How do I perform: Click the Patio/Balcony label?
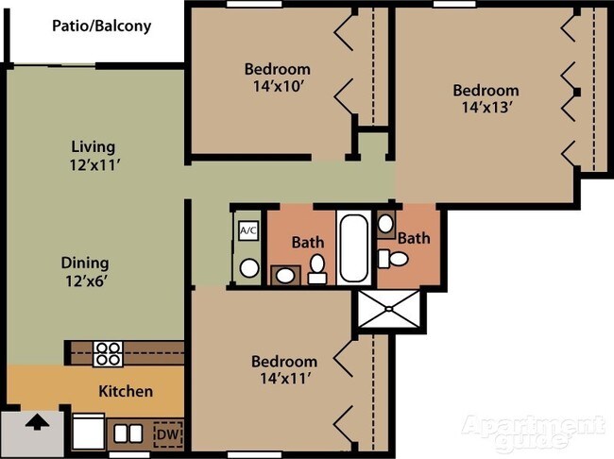coord(101,25)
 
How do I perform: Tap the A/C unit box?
coord(248,230)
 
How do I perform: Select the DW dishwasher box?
coord(168,434)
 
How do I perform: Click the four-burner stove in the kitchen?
coord(108,354)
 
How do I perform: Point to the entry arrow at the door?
coord(37,422)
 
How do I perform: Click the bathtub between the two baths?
coord(353,246)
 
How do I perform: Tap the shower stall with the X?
coord(389,309)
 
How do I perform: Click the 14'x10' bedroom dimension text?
coord(279,86)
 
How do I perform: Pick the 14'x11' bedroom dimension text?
coord(285,378)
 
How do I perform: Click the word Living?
coord(94,147)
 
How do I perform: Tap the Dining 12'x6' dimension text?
coord(86,280)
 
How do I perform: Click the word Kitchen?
coord(126,391)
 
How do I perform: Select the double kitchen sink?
coord(128,433)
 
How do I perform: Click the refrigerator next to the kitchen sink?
coord(89,432)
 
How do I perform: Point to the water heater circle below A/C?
coord(249,268)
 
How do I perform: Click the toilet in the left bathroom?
coord(317,269)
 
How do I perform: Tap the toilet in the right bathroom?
coord(394,259)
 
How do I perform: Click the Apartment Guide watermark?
coord(533,432)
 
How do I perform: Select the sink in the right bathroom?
coord(386,224)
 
